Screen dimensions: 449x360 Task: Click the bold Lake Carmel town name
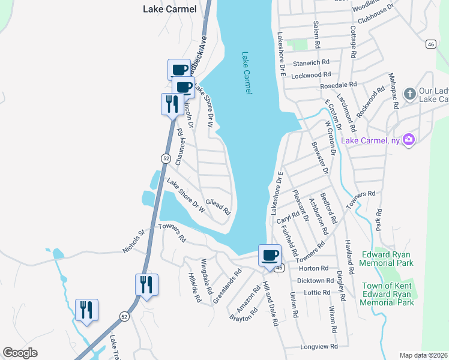coord(169,9)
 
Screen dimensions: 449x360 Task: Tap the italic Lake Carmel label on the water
coord(247,73)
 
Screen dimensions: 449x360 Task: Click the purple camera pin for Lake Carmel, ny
coord(409,140)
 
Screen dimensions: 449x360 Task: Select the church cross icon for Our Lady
coord(409,93)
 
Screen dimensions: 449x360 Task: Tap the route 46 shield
coord(430,44)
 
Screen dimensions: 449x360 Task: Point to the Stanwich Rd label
coord(311,62)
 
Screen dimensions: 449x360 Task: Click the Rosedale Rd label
coord(340,85)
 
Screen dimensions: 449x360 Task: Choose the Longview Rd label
coord(319,346)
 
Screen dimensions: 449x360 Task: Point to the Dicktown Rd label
coord(315,280)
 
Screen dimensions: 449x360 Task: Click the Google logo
coord(20,353)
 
